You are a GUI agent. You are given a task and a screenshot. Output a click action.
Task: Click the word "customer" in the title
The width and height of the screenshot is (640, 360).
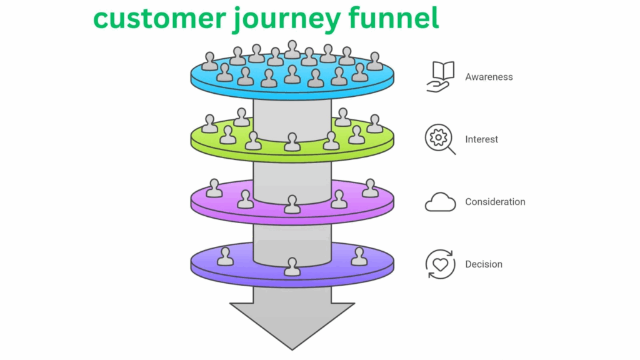[159, 19]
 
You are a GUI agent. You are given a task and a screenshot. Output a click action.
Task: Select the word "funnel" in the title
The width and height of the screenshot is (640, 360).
[400, 19]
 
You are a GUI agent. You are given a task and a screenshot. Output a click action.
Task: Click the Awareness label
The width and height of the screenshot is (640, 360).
[489, 77]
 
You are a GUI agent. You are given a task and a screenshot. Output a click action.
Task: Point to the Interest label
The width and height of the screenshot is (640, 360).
[481, 139]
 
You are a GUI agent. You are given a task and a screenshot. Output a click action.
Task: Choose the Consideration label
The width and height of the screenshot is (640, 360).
[495, 202]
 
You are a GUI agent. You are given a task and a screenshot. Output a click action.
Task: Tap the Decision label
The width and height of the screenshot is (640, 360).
[484, 264]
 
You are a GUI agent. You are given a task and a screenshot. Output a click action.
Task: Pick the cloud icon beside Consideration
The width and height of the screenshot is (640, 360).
[440, 202]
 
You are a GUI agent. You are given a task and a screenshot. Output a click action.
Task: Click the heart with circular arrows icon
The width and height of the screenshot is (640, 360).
[440, 264]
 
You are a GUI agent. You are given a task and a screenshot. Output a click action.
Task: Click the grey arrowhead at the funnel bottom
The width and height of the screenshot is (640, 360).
[292, 322]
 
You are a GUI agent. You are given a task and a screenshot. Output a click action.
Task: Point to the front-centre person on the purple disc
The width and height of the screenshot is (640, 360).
[292, 266]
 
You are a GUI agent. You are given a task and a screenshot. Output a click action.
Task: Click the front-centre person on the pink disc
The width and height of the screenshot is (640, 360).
[292, 204]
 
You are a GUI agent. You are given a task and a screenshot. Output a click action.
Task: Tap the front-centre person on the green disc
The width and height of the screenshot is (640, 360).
[292, 142]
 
